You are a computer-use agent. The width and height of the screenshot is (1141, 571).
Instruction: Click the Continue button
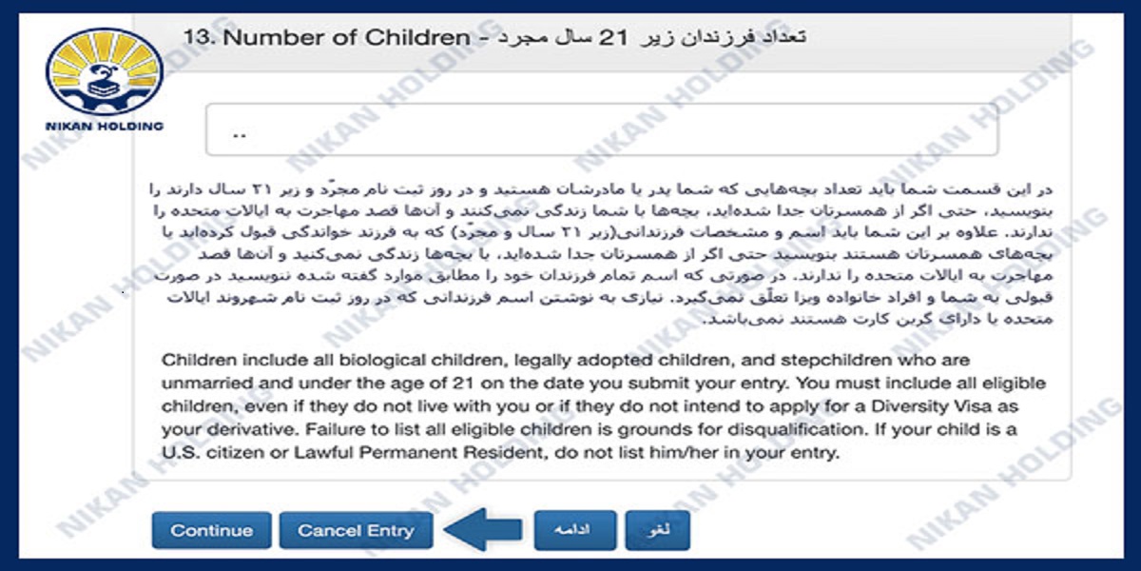211,530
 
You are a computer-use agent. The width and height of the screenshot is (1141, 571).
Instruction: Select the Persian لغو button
657,531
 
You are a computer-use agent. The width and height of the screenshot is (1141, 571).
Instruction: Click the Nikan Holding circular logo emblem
105,72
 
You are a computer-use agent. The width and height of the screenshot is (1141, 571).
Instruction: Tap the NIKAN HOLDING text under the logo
105,126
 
